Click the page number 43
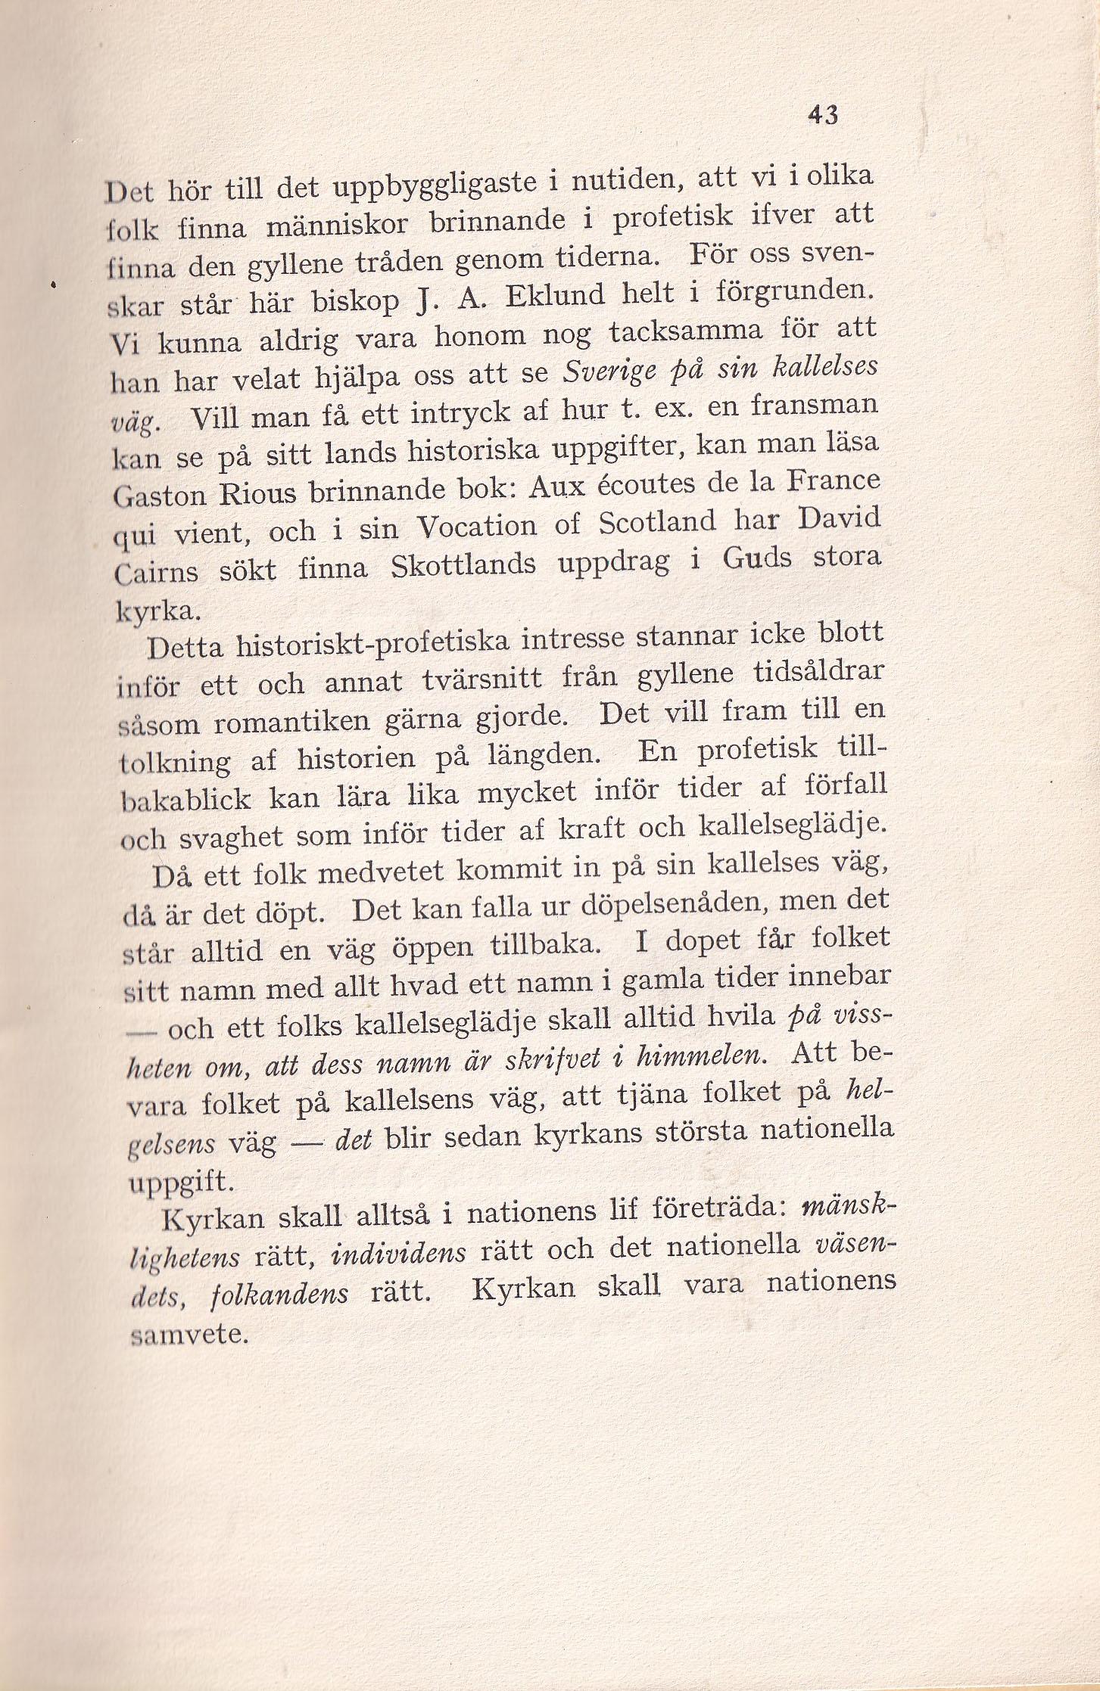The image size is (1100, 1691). (x=823, y=115)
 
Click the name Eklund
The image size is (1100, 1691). (x=555, y=294)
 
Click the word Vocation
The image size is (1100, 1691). (x=478, y=526)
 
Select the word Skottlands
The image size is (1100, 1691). (x=463, y=565)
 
